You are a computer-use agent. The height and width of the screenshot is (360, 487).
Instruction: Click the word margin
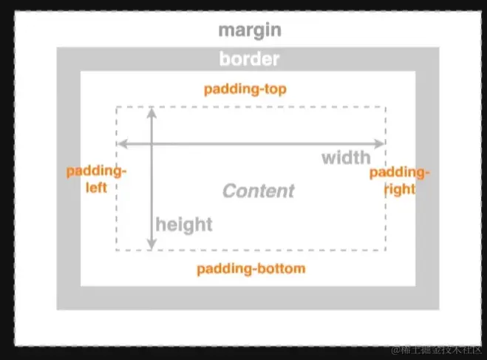click(x=250, y=30)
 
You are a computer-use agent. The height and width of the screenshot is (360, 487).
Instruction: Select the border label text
click(x=249, y=59)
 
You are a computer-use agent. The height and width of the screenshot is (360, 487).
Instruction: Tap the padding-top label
click(x=245, y=89)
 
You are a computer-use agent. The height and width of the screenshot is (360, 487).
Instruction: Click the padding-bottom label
click(x=251, y=268)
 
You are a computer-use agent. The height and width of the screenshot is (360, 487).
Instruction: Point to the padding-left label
click(x=97, y=179)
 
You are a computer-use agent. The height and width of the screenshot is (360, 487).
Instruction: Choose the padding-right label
click(x=399, y=180)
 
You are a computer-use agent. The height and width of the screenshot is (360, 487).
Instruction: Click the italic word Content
click(x=259, y=191)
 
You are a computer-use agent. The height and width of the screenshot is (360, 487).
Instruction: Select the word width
click(x=346, y=157)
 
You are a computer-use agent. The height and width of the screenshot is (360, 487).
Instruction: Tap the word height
click(x=183, y=224)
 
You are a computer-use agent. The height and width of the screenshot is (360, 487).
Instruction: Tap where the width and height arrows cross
click(x=152, y=143)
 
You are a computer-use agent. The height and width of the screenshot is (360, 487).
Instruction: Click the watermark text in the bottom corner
click(x=435, y=348)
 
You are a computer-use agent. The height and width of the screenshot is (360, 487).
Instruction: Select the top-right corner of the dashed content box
click(x=385, y=107)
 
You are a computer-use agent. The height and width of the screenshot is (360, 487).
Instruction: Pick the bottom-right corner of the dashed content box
click(x=385, y=251)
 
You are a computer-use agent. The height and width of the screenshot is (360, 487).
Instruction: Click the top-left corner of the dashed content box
click(x=116, y=107)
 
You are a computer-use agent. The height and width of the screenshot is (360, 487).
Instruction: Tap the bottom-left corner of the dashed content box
click(x=116, y=251)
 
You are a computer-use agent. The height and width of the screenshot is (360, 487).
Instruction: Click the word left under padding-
click(x=97, y=187)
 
